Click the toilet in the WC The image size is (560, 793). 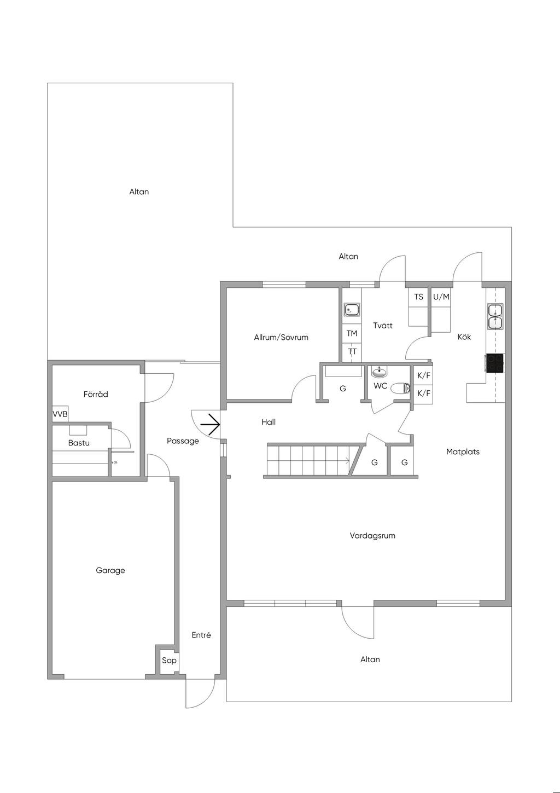click(x=401, y=388)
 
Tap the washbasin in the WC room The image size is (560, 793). click(x=379, y=372)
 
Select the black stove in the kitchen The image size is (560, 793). click(x=495, y=363)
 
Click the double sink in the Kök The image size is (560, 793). click(x=495, y=317)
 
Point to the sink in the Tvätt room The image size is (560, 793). click(x=352, y=310)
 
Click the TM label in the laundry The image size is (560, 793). click(x=352, y=333)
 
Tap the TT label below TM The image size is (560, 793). click(x=352, y=351)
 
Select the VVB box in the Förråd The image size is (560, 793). click(x=60, y=414)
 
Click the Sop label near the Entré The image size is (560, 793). click(x=169, y=661)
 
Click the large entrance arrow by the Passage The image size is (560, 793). click(x=210, y=424)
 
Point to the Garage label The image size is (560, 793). click(x=110, y=570)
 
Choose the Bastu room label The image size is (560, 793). click(x=79, y=443)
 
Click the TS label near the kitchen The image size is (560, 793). click(x=418, y=297)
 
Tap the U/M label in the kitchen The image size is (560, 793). click(x=441, y=297)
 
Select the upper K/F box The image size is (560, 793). click(x=424, y=375)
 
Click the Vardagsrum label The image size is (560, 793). click(x=372, y=536)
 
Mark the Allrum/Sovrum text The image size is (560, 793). click(x=281, y=338)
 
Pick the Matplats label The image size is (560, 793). click(x=463, y=452)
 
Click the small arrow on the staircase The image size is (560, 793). click(x=347, y=460)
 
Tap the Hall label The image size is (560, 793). click(x=269, y=422)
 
